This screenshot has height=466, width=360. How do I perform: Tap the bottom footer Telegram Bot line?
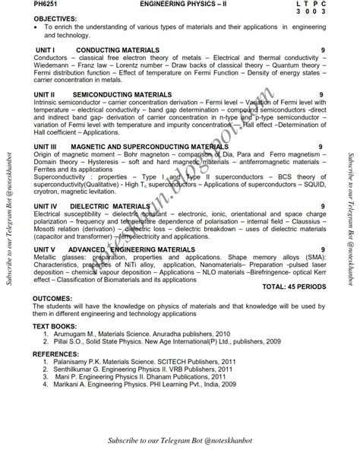[180, 442]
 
